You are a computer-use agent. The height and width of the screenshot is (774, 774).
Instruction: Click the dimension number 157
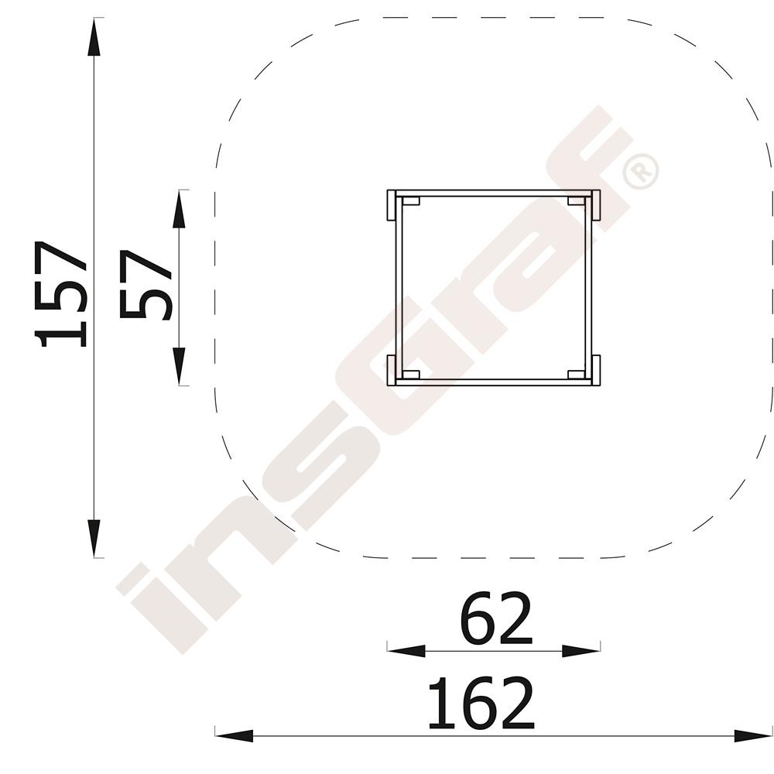(x=60, y=294)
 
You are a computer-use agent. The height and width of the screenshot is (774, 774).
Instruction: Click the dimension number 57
(x=146, y=285)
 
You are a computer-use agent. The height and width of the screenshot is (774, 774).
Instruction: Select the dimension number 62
(x=496, y=619)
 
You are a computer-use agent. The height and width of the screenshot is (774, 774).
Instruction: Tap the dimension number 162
(x=481, y=703)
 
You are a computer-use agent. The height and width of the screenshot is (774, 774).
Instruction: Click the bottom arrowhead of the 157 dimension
(x=94, y=539)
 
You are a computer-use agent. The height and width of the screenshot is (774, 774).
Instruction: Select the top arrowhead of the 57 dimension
(x=179, y=209)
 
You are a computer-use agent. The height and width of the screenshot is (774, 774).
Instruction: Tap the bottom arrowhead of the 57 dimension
(x=179, y=366)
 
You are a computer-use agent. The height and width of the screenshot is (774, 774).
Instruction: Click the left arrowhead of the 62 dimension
(x=406, y=651)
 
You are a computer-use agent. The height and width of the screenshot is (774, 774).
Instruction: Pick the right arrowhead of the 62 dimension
(x=581, y=651)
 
